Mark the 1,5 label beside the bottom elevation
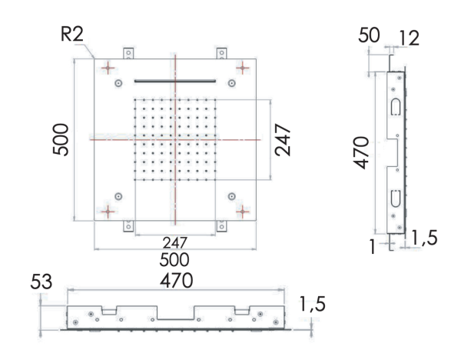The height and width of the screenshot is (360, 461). click(x=312, y=305)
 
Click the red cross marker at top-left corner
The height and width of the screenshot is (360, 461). click(x=108, y=68)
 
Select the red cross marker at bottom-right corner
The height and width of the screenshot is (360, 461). click(x=244, y=209)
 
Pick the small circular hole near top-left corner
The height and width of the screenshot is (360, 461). click(x=118, y=82)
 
